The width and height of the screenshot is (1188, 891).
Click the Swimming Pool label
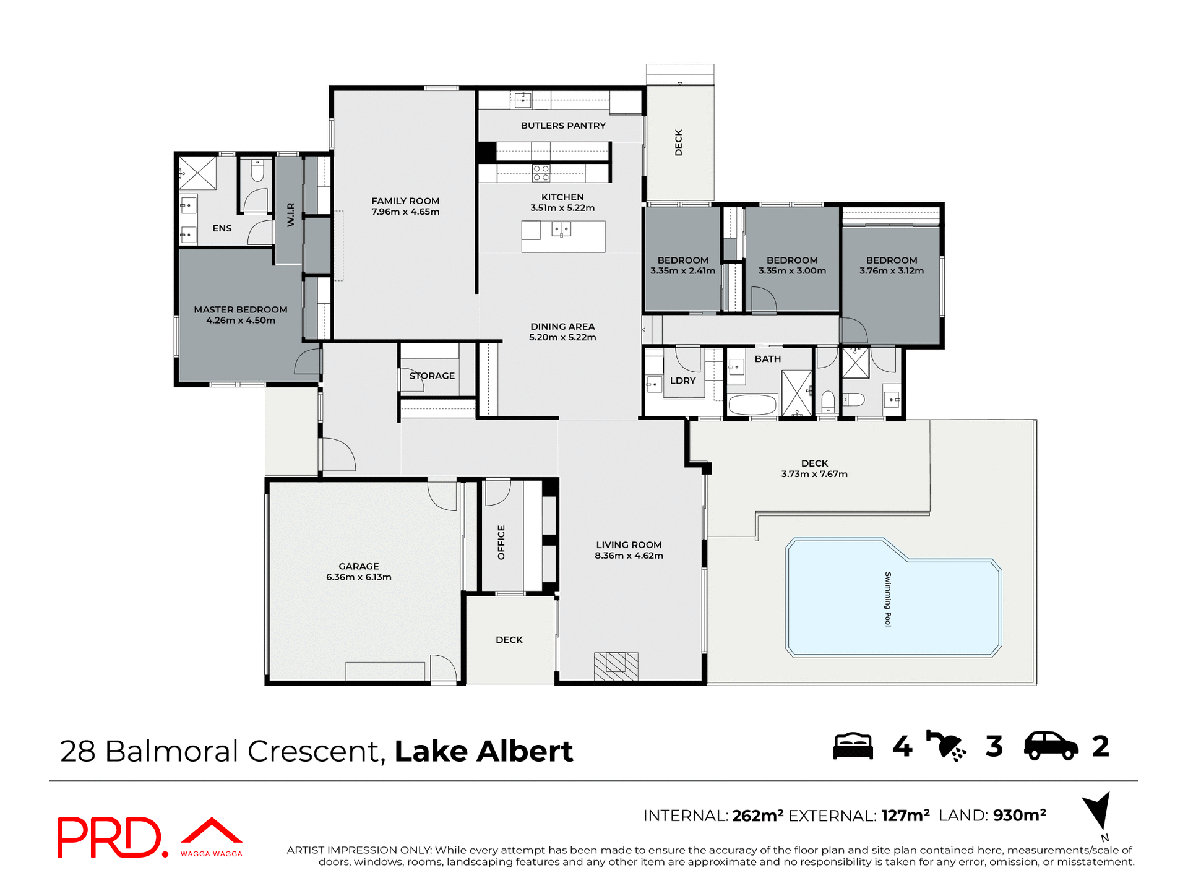click(888, 599)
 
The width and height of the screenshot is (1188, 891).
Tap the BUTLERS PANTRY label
click(563, 126)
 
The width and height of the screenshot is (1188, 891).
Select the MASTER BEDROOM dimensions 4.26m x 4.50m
click(241, 321)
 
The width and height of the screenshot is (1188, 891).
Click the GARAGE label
click(359, 566)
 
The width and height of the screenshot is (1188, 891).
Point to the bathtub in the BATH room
click(752, 405)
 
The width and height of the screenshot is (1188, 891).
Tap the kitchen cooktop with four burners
click(541, 173)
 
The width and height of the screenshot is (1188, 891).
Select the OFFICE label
click(501, 543)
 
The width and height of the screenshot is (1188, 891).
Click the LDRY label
click(682, 381)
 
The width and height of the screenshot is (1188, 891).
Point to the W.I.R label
click(291, 215)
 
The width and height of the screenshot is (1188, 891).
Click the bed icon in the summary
click(853, 746)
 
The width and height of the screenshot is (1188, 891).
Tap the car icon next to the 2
click(1051, 746)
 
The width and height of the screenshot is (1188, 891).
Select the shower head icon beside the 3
click(945, 746)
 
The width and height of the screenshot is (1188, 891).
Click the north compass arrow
click(1098, 810)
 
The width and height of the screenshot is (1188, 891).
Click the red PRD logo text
click(110, 837)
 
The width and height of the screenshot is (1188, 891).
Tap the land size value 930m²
click(1019, 816)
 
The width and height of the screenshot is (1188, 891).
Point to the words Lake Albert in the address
click(484, 751)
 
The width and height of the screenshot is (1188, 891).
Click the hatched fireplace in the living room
click(616, 666)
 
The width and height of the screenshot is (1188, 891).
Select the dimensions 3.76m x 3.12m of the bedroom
click(891, 271)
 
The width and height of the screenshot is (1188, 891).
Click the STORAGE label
click(432, 376)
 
